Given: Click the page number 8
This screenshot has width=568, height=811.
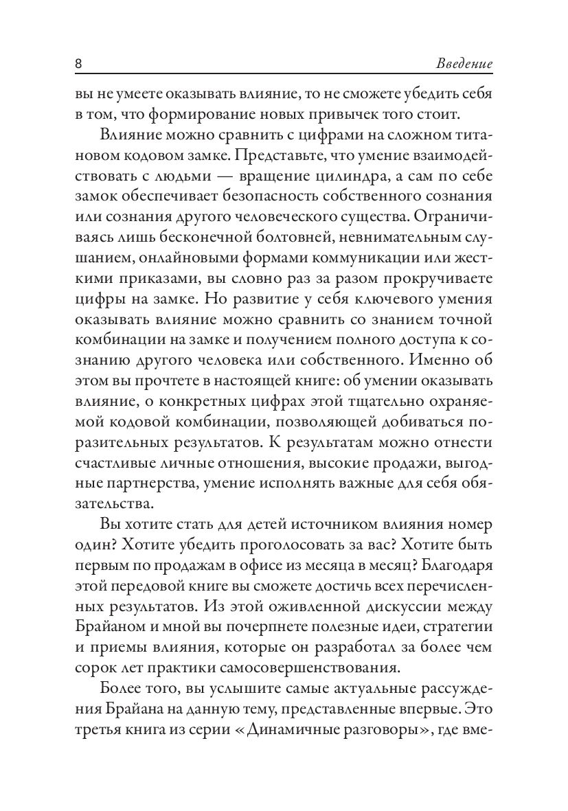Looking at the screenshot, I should click(x=78, y=65).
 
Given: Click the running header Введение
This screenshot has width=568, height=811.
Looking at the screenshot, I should click(x=465, y=65).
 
